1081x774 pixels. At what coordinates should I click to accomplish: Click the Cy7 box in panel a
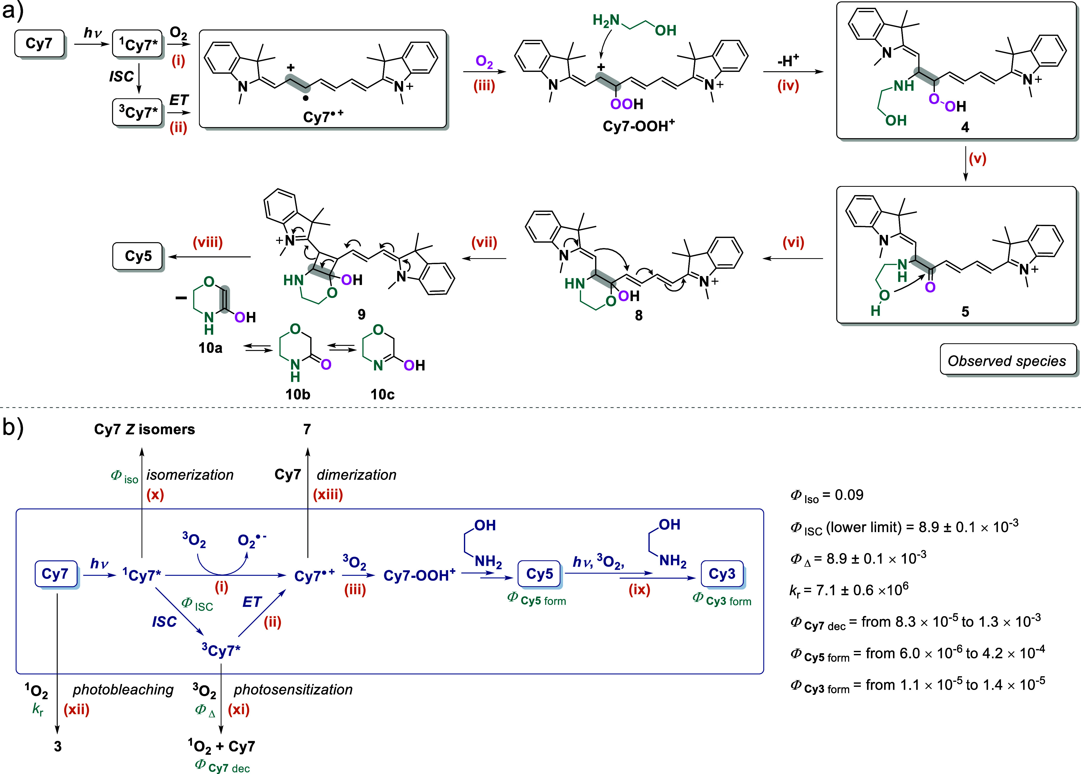(39, 44)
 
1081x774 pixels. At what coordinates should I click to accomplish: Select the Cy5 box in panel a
(138, 256)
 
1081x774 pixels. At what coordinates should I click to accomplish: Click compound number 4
(965, 127)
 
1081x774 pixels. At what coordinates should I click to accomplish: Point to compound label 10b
(298, 394)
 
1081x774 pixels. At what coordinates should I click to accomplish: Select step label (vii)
(484, 243)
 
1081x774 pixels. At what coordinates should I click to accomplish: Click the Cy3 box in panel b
(722, 574)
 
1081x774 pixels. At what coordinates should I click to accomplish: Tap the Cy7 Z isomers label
(144, 429)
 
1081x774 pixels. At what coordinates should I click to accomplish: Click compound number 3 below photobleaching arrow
(58, 746)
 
